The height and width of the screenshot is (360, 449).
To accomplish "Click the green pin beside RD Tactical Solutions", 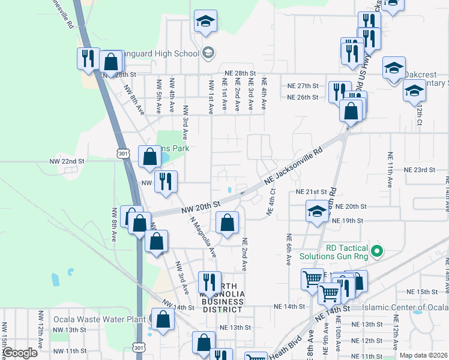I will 377,251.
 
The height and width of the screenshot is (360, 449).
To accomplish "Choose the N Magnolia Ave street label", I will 202,238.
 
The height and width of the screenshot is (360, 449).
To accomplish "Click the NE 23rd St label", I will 420,170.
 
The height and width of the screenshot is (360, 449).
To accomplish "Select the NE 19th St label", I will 348,221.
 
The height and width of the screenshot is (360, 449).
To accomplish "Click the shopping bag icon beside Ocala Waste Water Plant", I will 163,320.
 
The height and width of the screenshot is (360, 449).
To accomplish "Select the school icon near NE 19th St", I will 317,212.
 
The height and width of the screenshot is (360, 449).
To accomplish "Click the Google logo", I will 20,353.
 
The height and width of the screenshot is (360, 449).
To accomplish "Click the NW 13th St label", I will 69,330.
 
